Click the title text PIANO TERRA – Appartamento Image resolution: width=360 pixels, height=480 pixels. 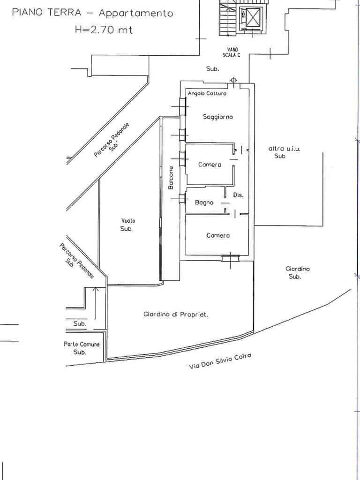[92, 13]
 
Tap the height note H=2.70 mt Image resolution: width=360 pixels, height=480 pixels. [104, 30]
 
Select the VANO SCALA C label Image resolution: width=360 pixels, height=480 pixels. [232, 52]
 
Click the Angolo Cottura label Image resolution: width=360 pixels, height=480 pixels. [207, 94]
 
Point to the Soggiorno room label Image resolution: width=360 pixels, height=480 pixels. [218, 117]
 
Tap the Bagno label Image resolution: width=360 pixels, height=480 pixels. [204, 202]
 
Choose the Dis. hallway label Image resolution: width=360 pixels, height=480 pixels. [238, 195]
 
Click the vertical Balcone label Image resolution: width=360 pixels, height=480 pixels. [171, 178]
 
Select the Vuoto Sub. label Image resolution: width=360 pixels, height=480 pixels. [127, 225]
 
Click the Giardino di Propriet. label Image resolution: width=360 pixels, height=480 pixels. [175, 315]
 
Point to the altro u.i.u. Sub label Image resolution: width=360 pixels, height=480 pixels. [284, 152]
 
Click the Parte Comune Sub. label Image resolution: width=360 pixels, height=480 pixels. [82, 348]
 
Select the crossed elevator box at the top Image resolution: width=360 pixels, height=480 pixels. [252, 19]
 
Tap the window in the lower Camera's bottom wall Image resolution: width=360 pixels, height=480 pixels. [230, 257]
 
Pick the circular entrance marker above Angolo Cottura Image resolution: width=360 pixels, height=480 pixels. [234, 81]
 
